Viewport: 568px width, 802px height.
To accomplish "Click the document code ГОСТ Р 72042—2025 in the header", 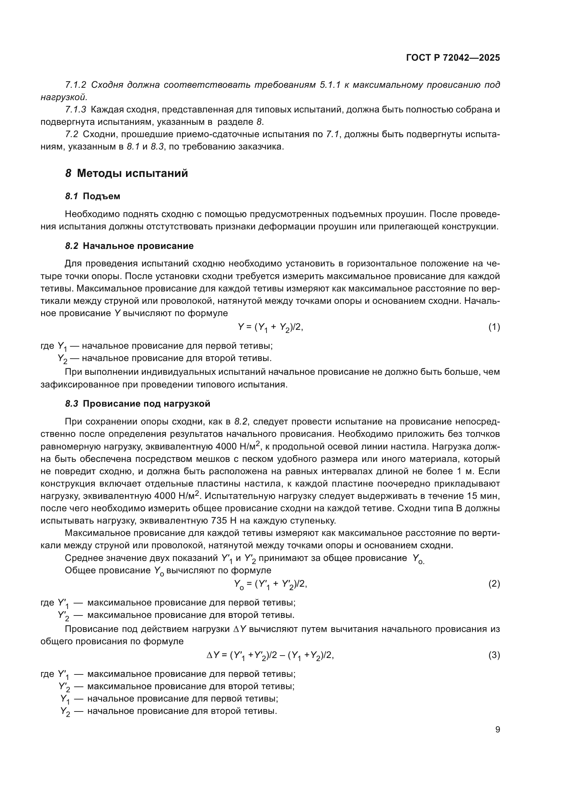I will (453, 58).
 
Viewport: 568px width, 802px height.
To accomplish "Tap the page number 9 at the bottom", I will (497, 730).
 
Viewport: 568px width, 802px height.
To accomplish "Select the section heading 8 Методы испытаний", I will (127, 173).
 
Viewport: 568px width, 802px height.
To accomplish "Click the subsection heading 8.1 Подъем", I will (93, 196).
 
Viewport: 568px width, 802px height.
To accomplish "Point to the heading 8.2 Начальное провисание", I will (129, 246).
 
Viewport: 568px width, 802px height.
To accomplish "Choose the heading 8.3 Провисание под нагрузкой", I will (138, 404).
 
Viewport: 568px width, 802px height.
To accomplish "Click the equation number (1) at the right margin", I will (494, 327).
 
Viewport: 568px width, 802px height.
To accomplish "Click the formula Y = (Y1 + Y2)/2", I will (270, 328).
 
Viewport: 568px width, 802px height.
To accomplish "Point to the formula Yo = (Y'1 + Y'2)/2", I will (270, 584).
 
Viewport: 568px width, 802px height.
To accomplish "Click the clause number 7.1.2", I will (76, 85).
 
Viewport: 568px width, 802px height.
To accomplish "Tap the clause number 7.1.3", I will (76, 110).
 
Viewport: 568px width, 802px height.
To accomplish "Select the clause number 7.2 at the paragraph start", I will (72, 134).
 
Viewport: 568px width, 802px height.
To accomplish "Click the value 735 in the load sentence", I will (219, 521).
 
